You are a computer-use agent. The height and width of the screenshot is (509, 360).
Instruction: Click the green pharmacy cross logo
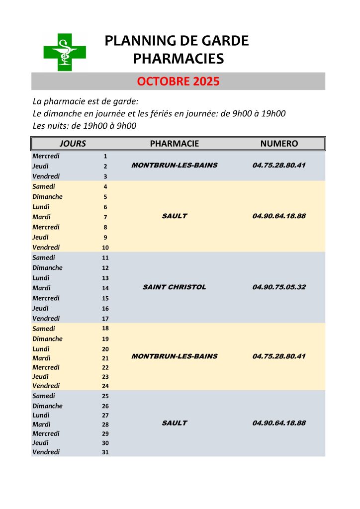point(65,52)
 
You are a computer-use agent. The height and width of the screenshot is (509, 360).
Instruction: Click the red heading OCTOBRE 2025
point(178,82)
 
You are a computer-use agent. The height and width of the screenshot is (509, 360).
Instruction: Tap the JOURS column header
point(73,144)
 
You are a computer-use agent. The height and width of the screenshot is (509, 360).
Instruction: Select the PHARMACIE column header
point(174,144)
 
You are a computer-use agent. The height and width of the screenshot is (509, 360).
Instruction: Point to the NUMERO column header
point(279,144)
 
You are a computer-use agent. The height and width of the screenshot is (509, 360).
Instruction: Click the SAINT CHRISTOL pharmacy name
point(174,287)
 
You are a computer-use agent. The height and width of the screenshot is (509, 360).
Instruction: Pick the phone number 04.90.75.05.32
point(279,287)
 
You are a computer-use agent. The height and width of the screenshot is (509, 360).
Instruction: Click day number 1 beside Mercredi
point(105,157)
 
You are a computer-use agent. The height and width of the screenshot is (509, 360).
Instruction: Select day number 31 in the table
point(105,452)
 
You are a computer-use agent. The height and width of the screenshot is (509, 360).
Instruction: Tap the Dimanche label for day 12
point(47,267)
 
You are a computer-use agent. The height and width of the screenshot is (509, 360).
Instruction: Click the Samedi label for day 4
point(44,186)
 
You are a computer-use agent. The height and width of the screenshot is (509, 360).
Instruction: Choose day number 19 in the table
point(105,339)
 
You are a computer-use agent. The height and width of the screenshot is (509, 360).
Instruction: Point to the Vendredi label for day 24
point(46,386)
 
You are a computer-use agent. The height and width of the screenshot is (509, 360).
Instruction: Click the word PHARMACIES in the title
point(178,59)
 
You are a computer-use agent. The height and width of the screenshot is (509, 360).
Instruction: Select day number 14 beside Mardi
point(105,288)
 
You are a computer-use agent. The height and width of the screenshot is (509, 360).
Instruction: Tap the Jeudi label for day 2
point(40,166)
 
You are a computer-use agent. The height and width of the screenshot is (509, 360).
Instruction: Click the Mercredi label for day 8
point(46,227)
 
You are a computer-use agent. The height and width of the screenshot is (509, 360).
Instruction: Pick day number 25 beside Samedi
point(105,396)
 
